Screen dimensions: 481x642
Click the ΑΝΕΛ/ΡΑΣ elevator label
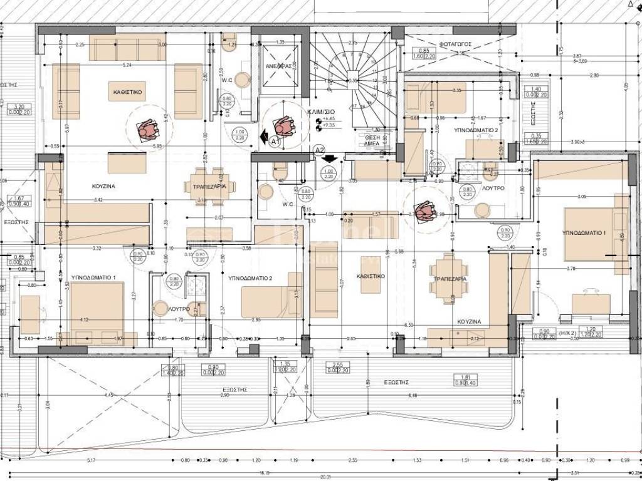pos(276,65)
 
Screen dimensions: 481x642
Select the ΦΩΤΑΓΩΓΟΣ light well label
pos(456,44)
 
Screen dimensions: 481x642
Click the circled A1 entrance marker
pos(273,142)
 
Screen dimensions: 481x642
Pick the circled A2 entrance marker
pos(319,150)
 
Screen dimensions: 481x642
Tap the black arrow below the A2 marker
pos(327,159)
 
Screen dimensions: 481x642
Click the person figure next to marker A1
pos(285,127)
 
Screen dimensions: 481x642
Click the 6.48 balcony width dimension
pos(412,395)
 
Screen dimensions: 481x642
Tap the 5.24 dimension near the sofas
pos(128,65)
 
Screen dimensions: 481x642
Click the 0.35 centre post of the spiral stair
pos(353,80)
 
